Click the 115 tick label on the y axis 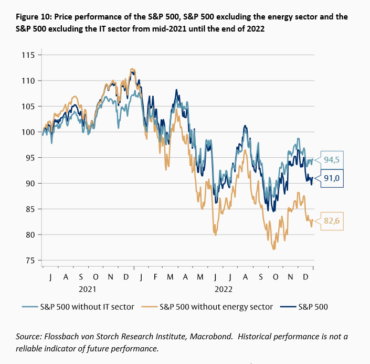28,55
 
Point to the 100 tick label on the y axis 28,132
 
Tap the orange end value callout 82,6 332,221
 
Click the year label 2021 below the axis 87,288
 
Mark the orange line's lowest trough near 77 274,249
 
